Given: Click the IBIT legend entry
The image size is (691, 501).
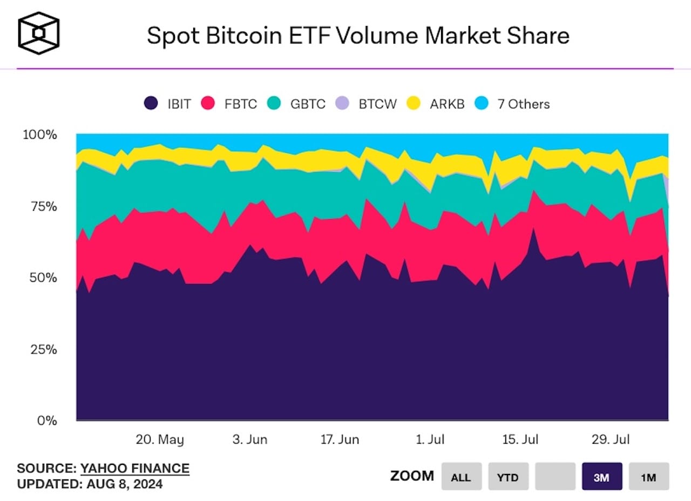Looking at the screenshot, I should [168, 104].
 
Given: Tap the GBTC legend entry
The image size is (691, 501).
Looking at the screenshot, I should [298, 104].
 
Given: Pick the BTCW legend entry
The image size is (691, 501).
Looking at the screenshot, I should [368, 104].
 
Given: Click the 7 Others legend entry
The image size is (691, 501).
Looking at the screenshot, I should [513, 104].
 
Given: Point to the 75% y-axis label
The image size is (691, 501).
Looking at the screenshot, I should [39, 206].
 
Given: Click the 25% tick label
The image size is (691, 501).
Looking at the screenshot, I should [39, 349].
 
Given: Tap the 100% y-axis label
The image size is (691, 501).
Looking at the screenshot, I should [39, 134].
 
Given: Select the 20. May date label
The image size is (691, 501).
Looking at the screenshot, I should [159, 439].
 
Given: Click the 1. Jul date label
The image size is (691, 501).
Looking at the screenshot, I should [430, 439].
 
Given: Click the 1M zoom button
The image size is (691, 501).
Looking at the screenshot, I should [648, 476].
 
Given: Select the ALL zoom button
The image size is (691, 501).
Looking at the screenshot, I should [461, 476].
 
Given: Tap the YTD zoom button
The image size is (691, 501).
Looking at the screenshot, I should [508, 476].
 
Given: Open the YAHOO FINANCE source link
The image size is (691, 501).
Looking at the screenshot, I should [135, 468].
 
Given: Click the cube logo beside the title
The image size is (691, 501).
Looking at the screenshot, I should [39, 33].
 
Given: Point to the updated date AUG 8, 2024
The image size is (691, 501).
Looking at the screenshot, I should [124, 484].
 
